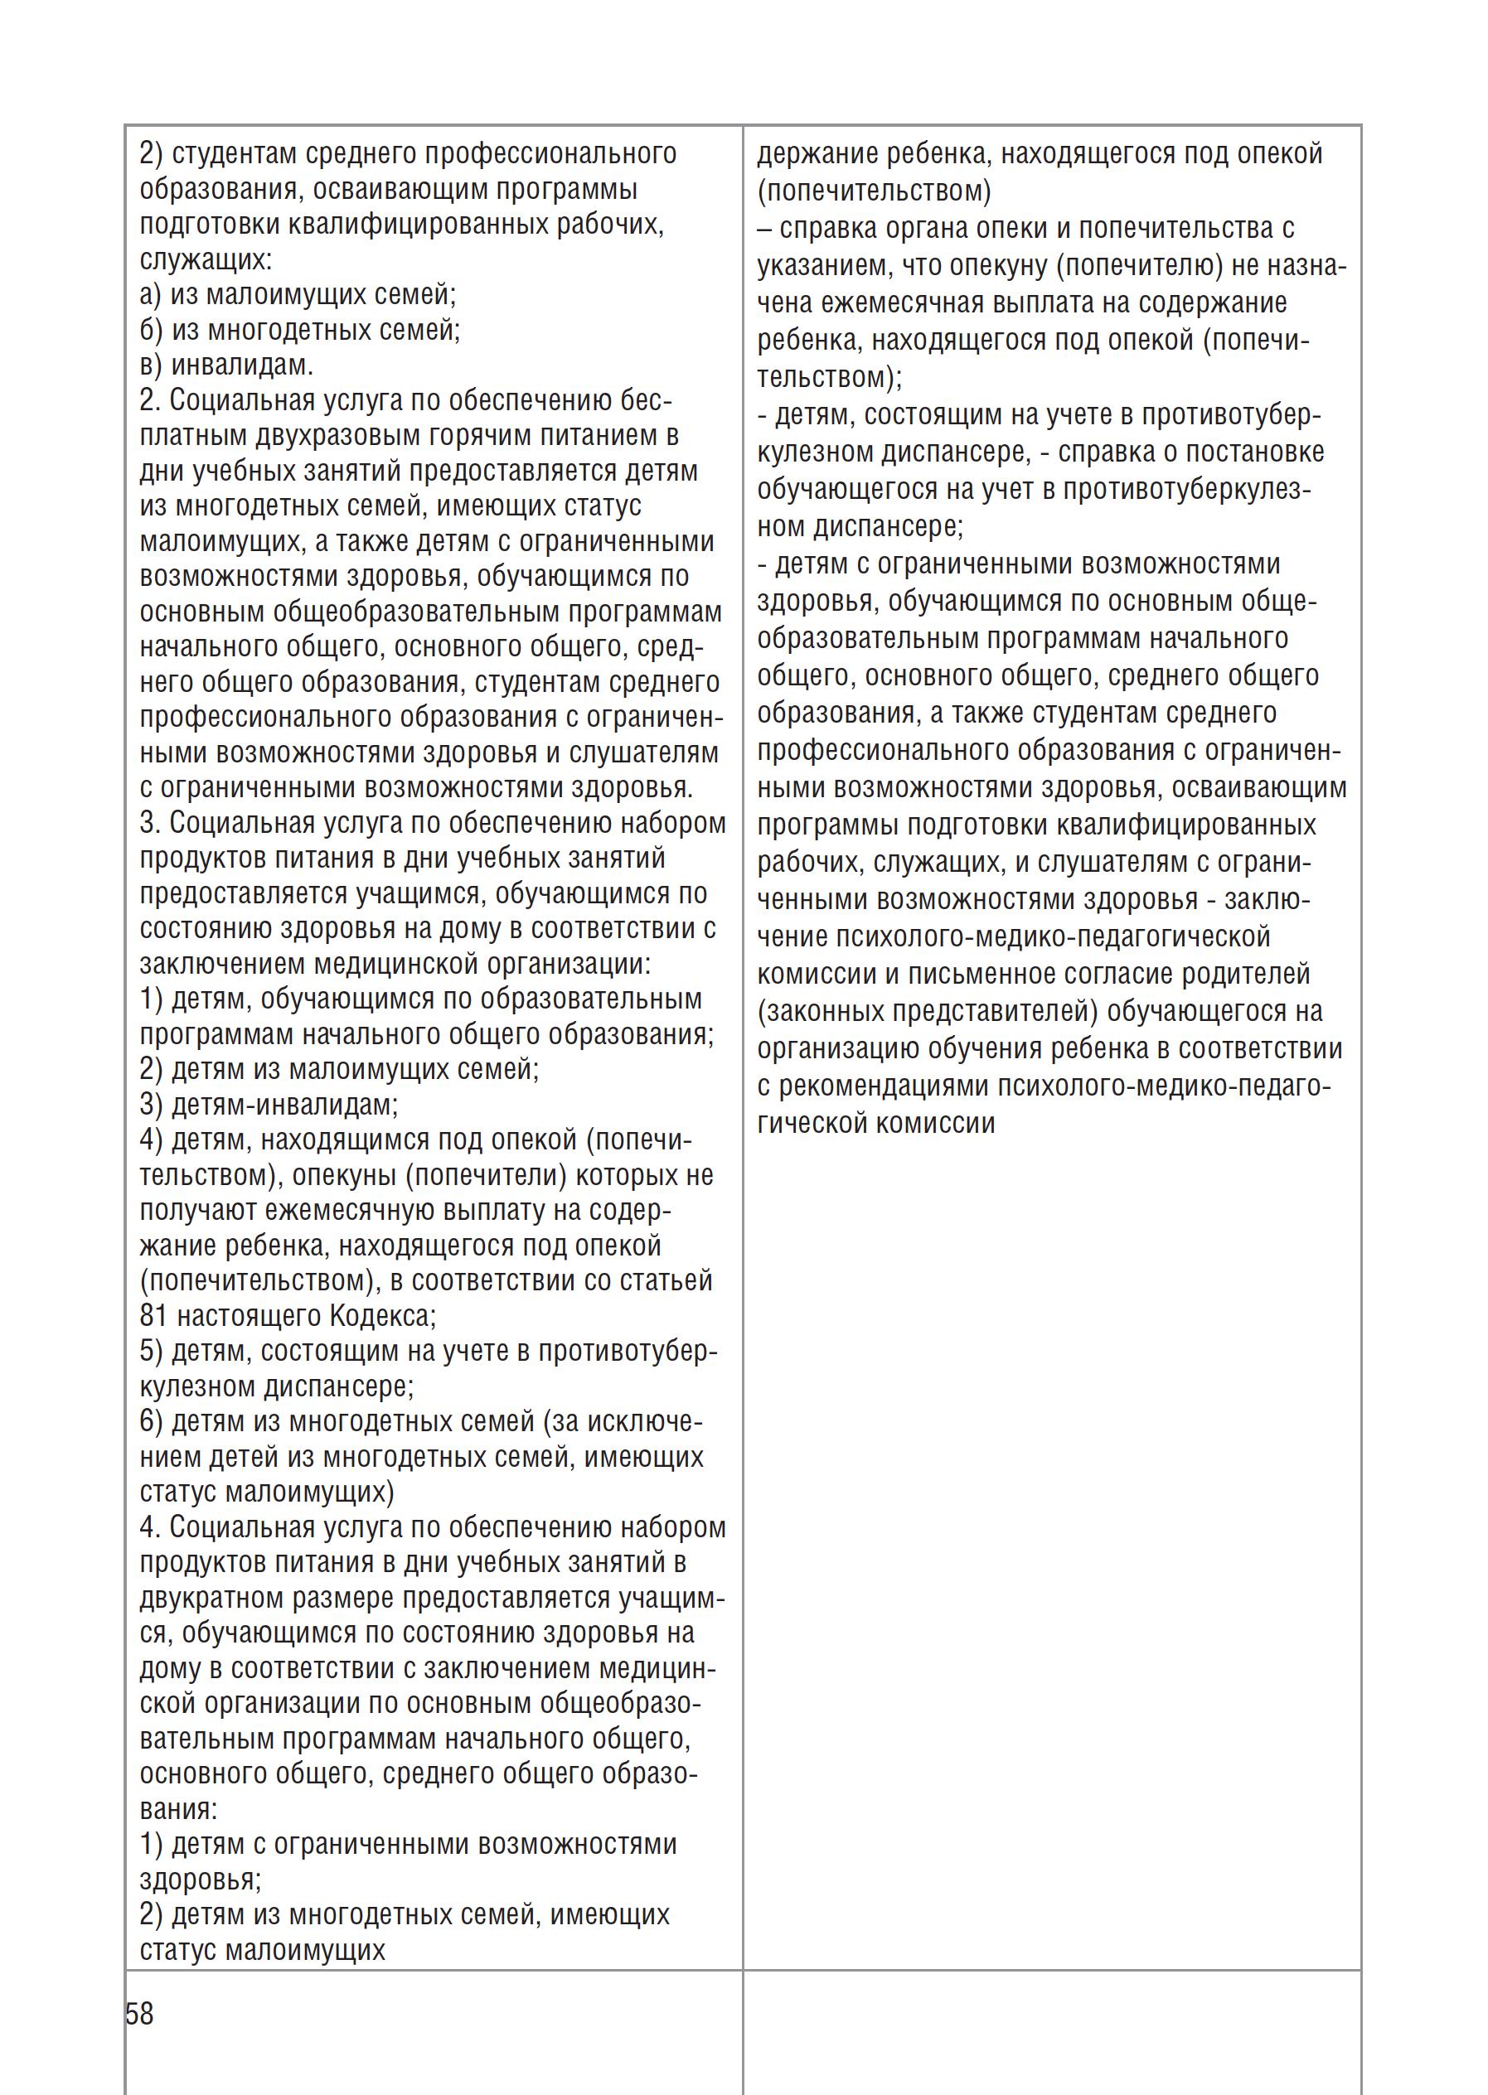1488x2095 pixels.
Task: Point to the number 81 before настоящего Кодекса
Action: pyautogui.click(x=153, y=1316)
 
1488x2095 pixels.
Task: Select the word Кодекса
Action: pyautogui.click(x=382, y=1316)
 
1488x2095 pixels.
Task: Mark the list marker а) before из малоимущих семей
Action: pyautogui.click(x=151, y=295)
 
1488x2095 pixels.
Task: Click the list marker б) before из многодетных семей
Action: pyautogui.click(x=151, y=330)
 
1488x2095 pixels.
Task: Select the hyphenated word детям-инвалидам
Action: pyautogui.click(x=285, y=1105)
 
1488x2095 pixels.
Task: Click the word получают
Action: pyautogui.click(x=199, y=1211)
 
